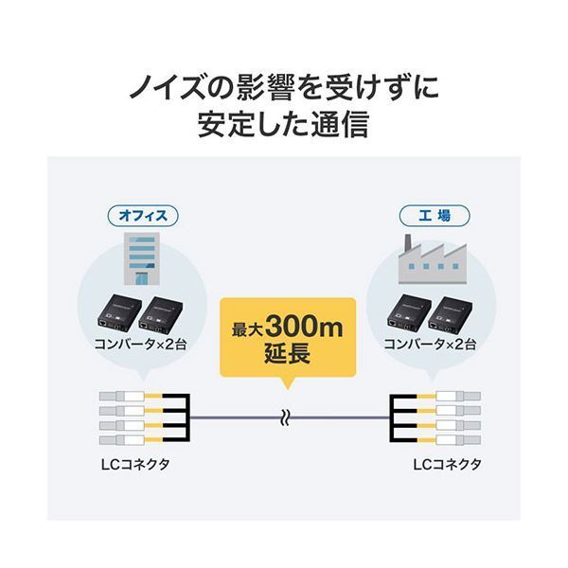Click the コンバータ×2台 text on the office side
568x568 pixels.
pyautogui.click(x=141, y=346)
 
